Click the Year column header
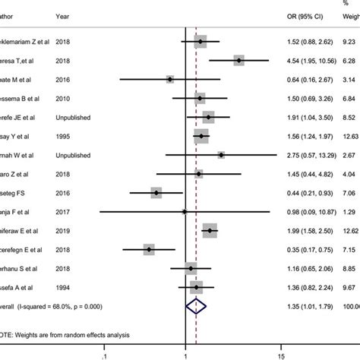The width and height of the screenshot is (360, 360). tap(64, 14)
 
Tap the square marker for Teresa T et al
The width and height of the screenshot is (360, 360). tap(238, 60)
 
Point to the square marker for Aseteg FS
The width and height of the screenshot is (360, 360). tap(156, 192)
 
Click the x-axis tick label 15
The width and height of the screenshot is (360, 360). tap(280, 353)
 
